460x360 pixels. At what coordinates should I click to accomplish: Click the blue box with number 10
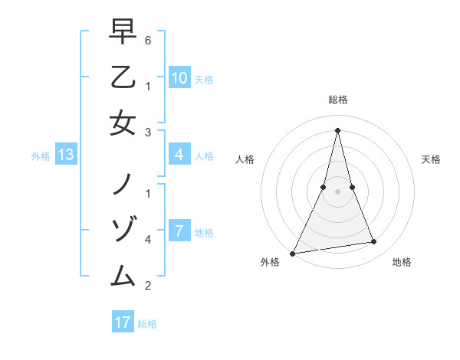coord(179,78)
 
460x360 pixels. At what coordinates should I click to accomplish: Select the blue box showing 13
coord(65,155)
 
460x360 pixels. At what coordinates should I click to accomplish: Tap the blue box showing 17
coord(123,322)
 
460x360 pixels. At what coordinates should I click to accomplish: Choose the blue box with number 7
coord(179,231)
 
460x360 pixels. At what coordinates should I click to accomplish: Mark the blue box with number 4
coord(179,155)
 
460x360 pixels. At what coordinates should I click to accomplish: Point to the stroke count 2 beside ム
coord(147,286)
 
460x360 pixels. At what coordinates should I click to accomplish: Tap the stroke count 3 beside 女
coord(147,133)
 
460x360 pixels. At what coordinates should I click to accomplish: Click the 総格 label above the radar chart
coord(337,100)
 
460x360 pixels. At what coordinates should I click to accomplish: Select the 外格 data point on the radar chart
coord(292,253)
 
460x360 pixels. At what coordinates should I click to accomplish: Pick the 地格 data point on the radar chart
coord(374,242)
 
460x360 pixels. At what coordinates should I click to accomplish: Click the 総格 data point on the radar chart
coord(337,129)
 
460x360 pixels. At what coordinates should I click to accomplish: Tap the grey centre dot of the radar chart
coord(337,191)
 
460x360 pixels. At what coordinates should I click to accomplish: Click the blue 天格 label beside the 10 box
coord(204,79)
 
